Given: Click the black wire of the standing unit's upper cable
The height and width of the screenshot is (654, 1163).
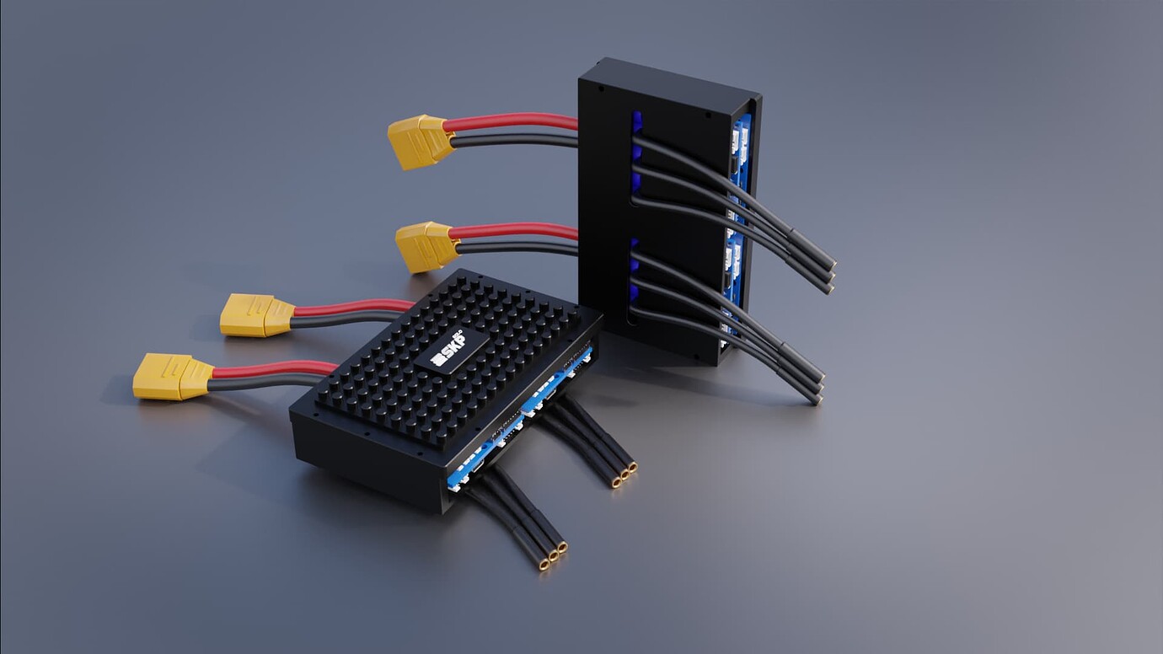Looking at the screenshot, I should coord(514,140).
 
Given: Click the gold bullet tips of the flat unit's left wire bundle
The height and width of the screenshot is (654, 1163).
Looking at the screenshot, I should coord(552,557).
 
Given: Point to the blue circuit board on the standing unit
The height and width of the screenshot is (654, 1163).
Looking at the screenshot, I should coord(742,152).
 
